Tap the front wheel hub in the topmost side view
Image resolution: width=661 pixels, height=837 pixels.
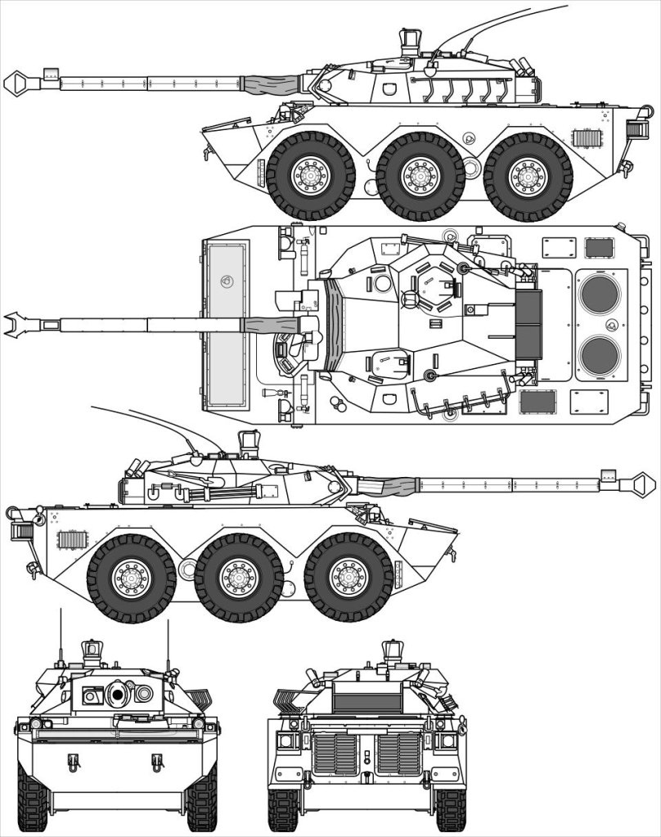click(x=311, y=175)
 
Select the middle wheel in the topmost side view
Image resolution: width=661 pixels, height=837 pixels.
click(x=420, y=175)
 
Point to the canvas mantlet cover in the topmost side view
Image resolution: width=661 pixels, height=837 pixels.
click(x=273, y=83)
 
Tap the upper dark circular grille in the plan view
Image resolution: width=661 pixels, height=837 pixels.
click(x=600, y=294)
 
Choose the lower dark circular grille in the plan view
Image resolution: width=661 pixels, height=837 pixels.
click(x=600, y=355)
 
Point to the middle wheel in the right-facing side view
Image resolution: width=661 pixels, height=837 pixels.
click(x=239, y=578)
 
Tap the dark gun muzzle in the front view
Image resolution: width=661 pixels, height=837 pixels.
click(x=118, y=695)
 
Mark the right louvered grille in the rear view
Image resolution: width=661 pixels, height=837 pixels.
click(x=398, y=753)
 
